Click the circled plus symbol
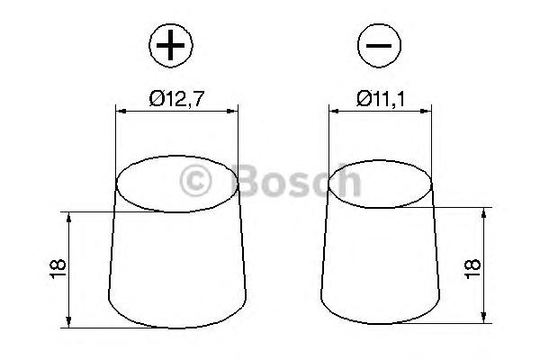click(x=171, y=46)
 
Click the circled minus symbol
click(x=379, y=46)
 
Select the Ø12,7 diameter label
click(x=176, y=99)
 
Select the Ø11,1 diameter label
click(x=381, y=99)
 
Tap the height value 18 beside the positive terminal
click(x=58, y=269)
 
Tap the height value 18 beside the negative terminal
click(x=472, y=269)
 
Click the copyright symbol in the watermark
click(x=195, y=181)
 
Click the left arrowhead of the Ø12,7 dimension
click(x=121, y=111)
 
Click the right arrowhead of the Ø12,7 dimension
click(x=232, y=111)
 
